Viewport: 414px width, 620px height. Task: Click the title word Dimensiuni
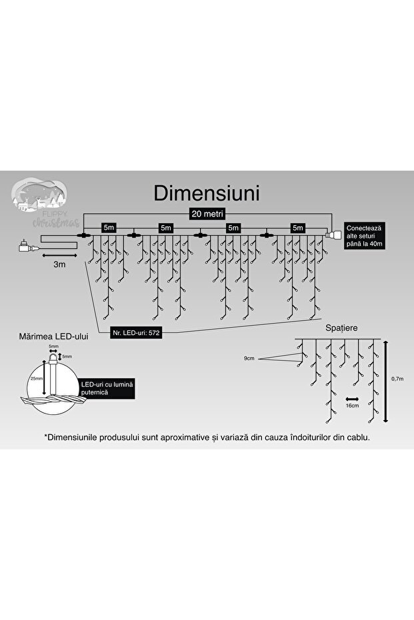[x=207, y=192]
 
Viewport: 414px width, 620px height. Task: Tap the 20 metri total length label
[x=207, y=213]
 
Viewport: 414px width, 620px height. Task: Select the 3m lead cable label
[x=59, y=264]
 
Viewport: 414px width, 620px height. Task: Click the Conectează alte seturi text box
[x=364, y=236]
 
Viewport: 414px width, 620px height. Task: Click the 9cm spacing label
[x=249, y=358]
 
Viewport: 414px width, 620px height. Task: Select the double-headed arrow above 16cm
[x=352, y=396]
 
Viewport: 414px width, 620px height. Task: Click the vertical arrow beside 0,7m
[x=387, y=381]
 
